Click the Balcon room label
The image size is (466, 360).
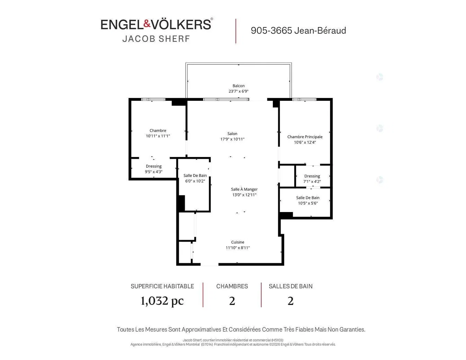tap(238, 86)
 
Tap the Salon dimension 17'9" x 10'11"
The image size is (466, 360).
tap(232, 139)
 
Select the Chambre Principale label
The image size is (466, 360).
tap(304, 137)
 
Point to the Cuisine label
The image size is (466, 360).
tap(238, 242)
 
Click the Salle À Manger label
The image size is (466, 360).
tap(244, 189)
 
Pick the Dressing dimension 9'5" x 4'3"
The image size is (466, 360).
tap(154, 172)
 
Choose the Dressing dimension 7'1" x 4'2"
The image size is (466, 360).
tap(312, 182)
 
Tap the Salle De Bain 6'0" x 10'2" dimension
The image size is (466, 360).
tap(195, 181)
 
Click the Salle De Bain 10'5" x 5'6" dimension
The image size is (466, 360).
tap(308, 203)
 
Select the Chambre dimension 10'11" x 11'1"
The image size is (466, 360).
tap(158, 136)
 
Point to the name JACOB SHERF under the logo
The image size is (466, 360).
tap(156, 39)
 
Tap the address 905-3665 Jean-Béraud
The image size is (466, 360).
tap(298, 30)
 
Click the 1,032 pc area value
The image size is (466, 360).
tap(162, 301)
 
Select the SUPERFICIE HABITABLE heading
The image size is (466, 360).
tap(162, 286)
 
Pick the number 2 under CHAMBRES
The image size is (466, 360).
tap(232, 301)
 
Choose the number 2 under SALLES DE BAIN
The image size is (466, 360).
tap(290, 301)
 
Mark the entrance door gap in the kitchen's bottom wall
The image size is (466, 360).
tap(209, 264)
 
